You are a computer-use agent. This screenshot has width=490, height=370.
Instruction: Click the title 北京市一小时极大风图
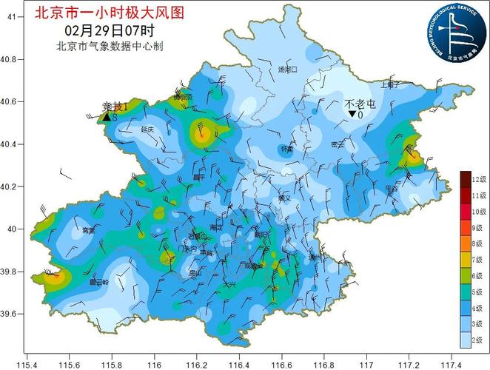coord(110,13)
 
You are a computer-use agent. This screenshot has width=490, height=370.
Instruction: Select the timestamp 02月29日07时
coord(109,31)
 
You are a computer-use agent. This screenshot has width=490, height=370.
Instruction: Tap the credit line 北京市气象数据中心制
coord(109,46)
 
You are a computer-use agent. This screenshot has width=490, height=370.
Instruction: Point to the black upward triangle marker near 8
coord(107,117)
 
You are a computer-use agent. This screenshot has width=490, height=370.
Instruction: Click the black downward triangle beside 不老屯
coord(352,115)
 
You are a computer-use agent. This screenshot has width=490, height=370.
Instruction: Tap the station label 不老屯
coord(360,104)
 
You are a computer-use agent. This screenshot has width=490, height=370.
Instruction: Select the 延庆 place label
coord(147,129)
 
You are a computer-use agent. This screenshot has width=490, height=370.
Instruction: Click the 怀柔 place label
coord(287,149)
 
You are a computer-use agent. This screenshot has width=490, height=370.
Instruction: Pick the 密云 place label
coord(338,145)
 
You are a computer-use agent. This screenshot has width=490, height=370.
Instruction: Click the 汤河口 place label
coord(286,70)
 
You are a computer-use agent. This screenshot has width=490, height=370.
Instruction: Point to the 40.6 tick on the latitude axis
coord(13,101)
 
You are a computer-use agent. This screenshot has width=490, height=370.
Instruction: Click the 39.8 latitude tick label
coord(13,272)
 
